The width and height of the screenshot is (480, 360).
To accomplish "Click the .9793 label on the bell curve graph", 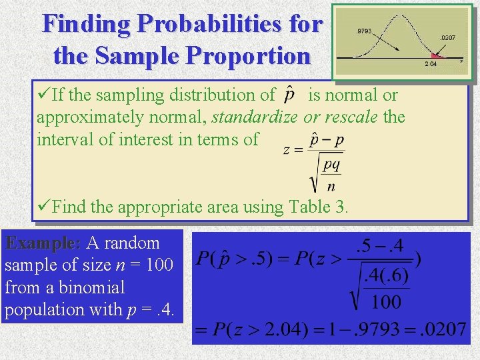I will point(363,31).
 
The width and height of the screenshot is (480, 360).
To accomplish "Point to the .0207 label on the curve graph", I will point(447,38).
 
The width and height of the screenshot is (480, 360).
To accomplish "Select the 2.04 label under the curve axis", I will point(431,64).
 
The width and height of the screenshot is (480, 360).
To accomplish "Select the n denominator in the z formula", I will point(331,185).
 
